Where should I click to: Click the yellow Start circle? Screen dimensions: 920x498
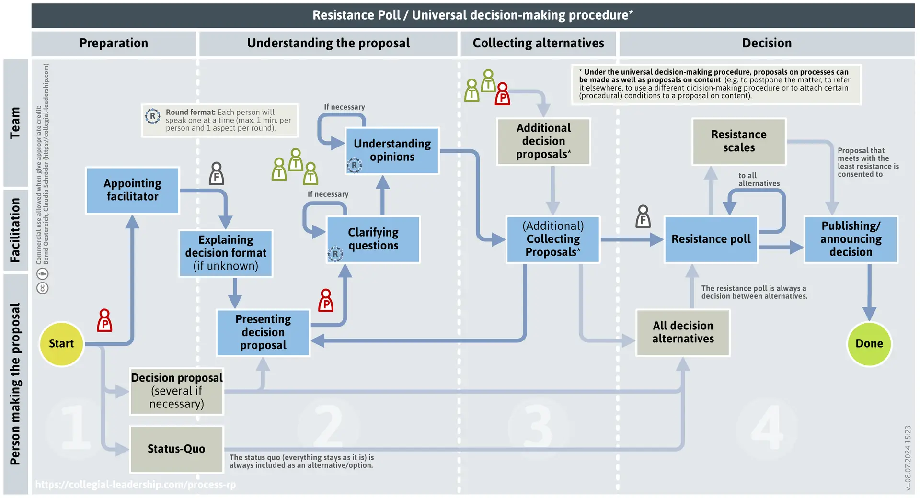click(x=61, y=344)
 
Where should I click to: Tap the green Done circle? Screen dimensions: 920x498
click(x=869, y=344)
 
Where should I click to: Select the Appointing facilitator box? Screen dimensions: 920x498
click(x=132, y=190)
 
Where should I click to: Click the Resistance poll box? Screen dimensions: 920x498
click(x=711, y=239)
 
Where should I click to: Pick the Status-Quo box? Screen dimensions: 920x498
click(x=176, y=449)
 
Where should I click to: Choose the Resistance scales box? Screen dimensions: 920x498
click(x=739, y=141)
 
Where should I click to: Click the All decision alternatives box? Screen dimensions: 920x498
click(x=683, y=332)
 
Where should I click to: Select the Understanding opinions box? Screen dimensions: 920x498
click(x=392, y=150)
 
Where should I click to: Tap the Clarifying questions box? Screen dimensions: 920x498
click(x=373, y=239)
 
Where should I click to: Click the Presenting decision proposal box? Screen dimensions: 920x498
click(x=263, y=332)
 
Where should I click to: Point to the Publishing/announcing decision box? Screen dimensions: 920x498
click(x=851, y=239)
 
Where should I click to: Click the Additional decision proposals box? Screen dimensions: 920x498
click(x=543, y=141)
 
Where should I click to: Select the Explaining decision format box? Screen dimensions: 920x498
click(x=226, y=253)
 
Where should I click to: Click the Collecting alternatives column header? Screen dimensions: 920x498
click(x=538, y=43)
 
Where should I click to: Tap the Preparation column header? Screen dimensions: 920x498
click(x=114, y=43)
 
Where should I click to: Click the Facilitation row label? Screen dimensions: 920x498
click(x=15, y=230)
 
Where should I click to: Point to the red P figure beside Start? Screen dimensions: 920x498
click(x=104, y=320)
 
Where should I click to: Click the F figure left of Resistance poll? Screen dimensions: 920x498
click(x=643, y=216)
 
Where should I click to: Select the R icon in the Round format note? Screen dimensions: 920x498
click(x=153, y=116)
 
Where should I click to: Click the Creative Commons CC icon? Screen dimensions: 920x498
click(x=43, y=288)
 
